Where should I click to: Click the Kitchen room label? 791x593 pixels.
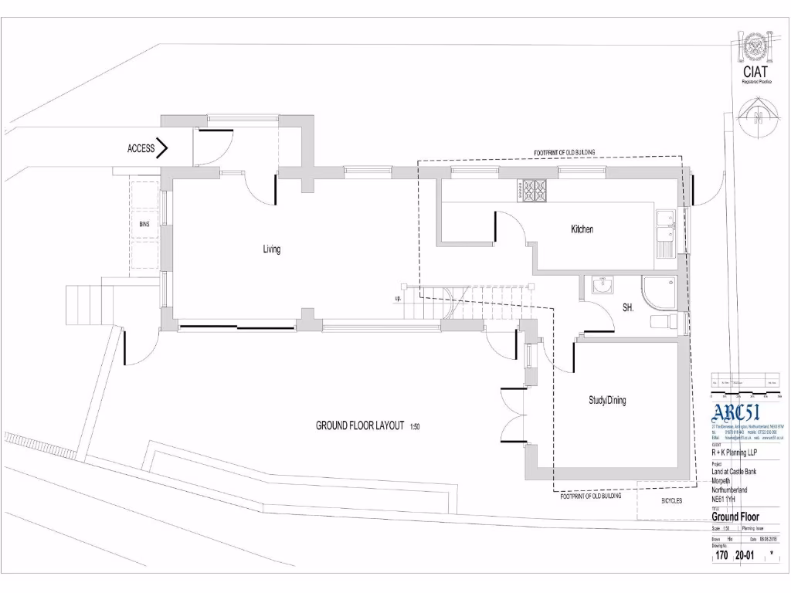pos(582,229)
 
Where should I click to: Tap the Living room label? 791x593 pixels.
pos(271,249)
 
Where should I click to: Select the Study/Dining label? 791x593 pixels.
pos(607,401)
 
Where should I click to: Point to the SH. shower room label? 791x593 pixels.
pos(628,307)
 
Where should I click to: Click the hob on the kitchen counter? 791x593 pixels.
pos(534,191)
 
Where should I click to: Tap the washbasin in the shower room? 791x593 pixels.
pos(602,286)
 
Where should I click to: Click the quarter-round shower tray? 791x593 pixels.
pos(660,293)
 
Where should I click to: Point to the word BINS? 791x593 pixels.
pos(144,224)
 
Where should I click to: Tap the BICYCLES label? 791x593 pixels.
pos(671,501)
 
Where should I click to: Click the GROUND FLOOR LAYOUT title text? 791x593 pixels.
pos(360,425)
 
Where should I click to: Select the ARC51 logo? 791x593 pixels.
pos(736,412)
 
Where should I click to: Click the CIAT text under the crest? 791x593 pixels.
pos(755,71)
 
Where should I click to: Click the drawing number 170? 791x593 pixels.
pos(721,554)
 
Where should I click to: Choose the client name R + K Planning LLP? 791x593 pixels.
pos(735,453)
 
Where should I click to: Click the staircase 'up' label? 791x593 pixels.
pos(398,298)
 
